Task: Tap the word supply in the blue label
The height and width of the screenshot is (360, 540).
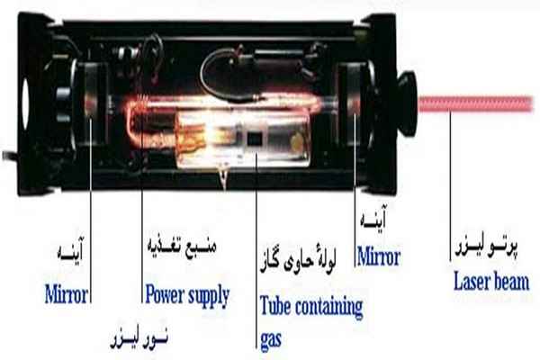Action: [x=209, y=294]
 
